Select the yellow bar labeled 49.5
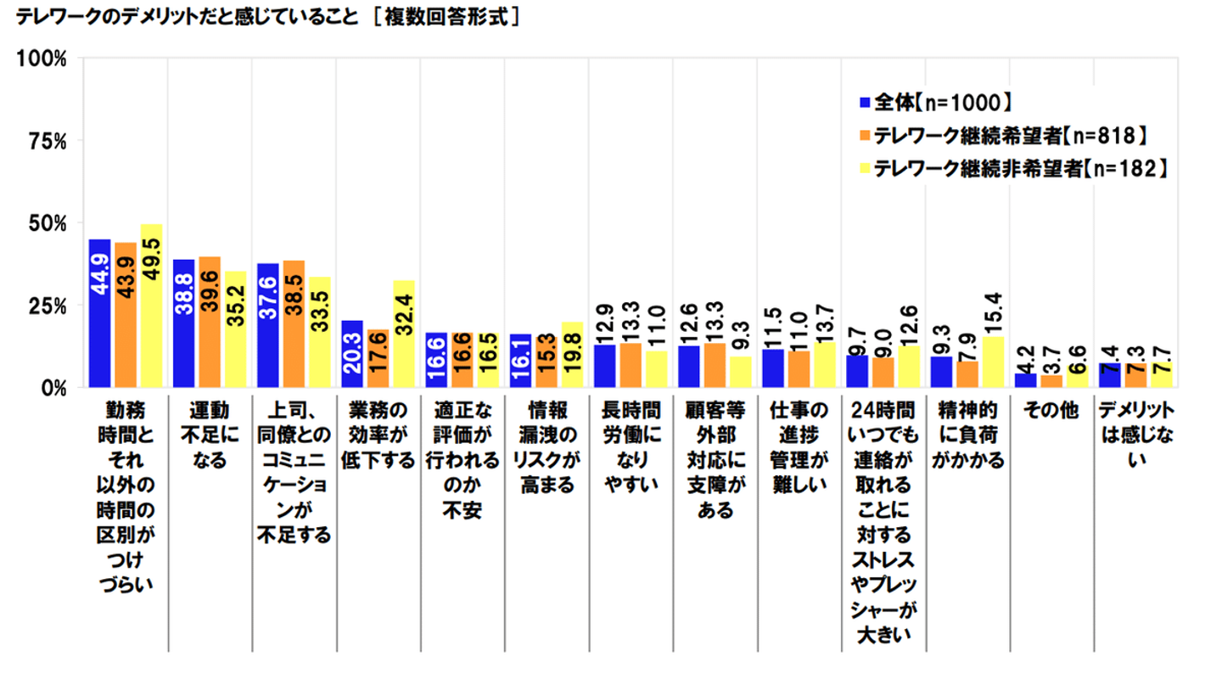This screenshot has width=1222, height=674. click(x=152, y=306)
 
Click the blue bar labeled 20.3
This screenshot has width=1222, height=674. click(x=352, y=353)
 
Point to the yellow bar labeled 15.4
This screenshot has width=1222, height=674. click(x=992, y=362)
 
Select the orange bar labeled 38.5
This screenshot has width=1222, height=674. click(x=294, y=323)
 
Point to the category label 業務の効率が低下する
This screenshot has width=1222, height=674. click(x=378, y=436)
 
